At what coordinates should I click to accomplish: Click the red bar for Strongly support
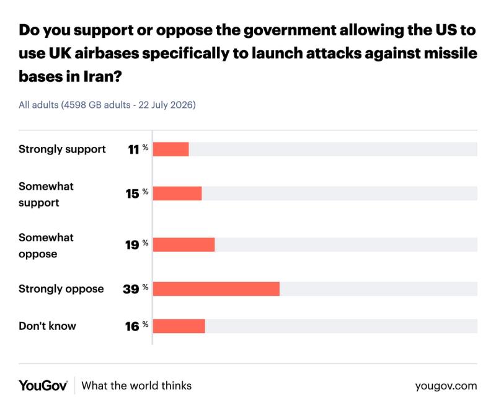(x=171, y=149)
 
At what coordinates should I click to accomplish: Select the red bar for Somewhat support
(x=177, y=193)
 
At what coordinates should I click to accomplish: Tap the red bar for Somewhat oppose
(x=184, y=244)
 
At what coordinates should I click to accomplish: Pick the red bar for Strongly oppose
(x=216, y=289)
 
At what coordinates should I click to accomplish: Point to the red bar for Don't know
(x=179, y=326)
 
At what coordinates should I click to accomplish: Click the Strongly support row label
(x=62, y=149)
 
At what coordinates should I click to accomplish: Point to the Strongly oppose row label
(x=61, y=289)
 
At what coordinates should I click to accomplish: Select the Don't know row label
(x=47, y=326)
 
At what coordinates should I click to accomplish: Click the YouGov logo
(x=43, y=386)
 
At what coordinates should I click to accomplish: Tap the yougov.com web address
(x=446, y=386)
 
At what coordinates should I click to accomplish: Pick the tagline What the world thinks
(x=136, y=386)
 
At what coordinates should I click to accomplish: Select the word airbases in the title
(x=107, y=53)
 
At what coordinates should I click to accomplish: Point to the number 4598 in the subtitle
(x=74, y=105)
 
